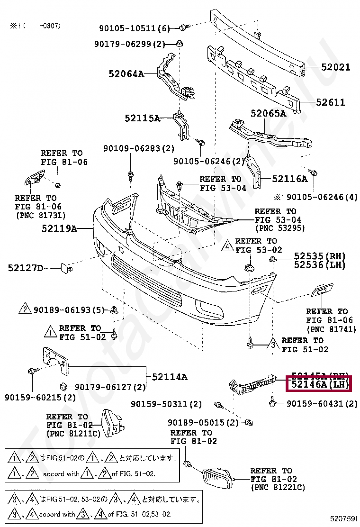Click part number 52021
(x=334, y=67)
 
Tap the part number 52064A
(x=126, y=74)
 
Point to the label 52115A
(x=143, y=118)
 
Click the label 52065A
(x=268, y=114)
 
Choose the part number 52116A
(x=289, y=179)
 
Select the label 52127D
(x=25, y=268)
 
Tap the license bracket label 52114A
(x=169, y=377)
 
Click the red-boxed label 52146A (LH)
(x=318, y=384)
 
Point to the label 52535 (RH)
(x=320, y=256)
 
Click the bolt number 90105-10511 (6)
(x=134, y=28)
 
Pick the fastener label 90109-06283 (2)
(x=139, y=149)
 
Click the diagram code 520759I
(x=343, y=518)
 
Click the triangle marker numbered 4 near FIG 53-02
(x=228, y=246)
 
